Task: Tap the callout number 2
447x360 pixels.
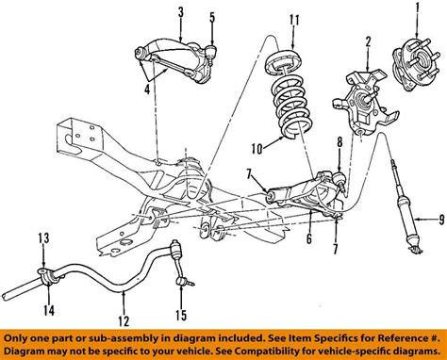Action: [368, 42]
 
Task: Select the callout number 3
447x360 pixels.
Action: [180, 12]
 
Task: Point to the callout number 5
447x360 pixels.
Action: [212, 18]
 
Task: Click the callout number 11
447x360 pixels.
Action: [294, 20]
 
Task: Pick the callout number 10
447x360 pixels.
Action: [257, 148]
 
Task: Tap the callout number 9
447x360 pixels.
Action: [441, 219]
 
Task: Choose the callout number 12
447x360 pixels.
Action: [124, 320]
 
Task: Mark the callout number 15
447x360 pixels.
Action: [181, 315]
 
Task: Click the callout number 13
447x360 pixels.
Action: [44, 238]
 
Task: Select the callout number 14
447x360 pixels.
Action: [49, 310]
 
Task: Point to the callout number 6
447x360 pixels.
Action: [309, 238]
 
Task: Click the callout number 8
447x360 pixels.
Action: [339, 142]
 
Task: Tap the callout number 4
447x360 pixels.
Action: [147, 90]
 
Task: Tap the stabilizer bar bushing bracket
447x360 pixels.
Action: [44, 277]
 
